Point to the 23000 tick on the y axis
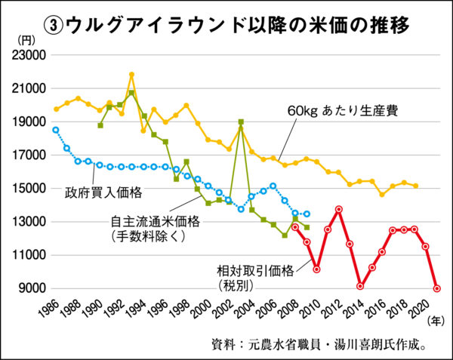point(29,55)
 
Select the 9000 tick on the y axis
point(31,288)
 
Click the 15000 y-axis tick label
point(29,189)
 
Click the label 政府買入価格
point(101,191)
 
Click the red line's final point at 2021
point(437,288)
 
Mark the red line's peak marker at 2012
point(338,209)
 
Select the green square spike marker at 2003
point(241,122)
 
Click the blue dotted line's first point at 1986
point(55,130)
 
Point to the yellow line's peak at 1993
point(131,75)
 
